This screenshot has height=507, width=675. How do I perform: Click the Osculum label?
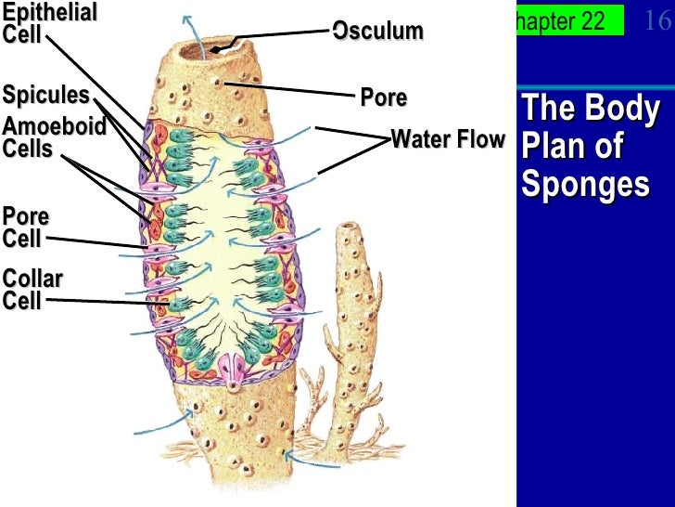(x=378, y=32)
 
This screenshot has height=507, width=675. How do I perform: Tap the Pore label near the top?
(x=384, y=97)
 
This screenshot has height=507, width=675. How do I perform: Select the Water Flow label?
(x=448, y=140)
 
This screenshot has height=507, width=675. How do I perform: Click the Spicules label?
(x=45, y=96)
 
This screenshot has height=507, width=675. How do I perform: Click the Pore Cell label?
(x=26, y=227)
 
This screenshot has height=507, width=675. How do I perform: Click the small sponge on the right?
(x=352, y=306)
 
